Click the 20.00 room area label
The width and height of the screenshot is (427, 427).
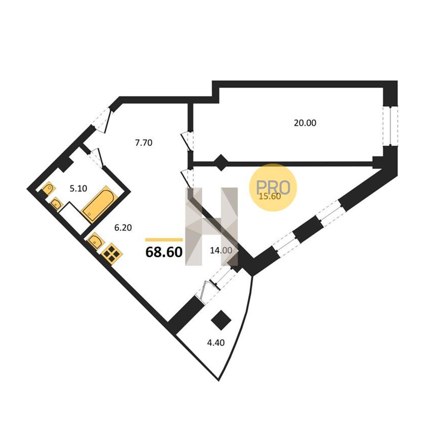(305, 123)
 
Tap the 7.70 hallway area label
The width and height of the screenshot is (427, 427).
(144, 143)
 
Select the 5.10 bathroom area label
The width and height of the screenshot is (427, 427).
(79, 188)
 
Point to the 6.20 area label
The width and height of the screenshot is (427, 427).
(123, 228)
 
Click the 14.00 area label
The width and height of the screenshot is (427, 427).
(221, 250)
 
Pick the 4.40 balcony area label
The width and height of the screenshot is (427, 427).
(216, 342)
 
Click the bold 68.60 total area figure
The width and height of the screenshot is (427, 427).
(164, 252)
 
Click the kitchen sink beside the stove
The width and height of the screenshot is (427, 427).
(95, 240)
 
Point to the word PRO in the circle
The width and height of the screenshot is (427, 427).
(273, 187)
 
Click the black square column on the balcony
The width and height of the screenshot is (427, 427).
(221, 320)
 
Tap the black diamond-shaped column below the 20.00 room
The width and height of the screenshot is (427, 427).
(221, 163)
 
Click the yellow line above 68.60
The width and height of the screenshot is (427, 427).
(164, 240)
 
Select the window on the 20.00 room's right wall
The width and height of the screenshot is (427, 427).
(390, 126)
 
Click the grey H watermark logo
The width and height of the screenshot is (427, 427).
(212, 227)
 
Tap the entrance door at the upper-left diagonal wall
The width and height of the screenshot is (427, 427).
(102, 120)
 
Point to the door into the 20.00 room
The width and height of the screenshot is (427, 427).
(188, 141)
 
